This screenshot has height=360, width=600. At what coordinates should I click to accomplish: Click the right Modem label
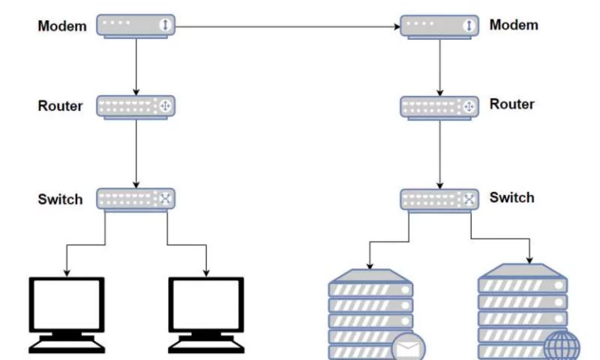pyautogui.click(x=513, y=26)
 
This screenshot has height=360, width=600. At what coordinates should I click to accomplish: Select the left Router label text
pyautogui.click(x=60, y=106)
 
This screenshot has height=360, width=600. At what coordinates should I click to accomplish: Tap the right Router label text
pyautogui.click(x=512, y=105)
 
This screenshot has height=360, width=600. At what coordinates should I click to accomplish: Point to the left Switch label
pyautogui.click(x=60, y=199)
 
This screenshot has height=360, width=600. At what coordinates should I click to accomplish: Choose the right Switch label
pyautogui.click(x=512, y=198)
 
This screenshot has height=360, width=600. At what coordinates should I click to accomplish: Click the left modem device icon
pyautogui.click(x=136, y=26)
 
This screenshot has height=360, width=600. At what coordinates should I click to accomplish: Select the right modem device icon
pyautogui.click(x=439, y=26)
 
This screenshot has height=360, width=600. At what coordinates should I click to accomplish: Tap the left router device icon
pyautogui.click(x=136, y=106)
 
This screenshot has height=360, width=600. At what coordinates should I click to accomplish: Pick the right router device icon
pyautogui.click(x=439, y=107)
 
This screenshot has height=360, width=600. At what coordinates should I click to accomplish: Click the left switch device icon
pyautogui.click(x=136, y=198)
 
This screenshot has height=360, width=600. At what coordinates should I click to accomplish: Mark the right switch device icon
pyautogui.click(x=439, y=199)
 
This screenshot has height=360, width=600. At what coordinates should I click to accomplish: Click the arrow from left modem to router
pyautogui.click(x=136, y=66)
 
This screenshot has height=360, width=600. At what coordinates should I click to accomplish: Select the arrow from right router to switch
pyautogui.click(x=439, y=152)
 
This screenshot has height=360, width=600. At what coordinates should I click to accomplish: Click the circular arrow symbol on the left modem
pyautogui.click(x=165, y=26)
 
